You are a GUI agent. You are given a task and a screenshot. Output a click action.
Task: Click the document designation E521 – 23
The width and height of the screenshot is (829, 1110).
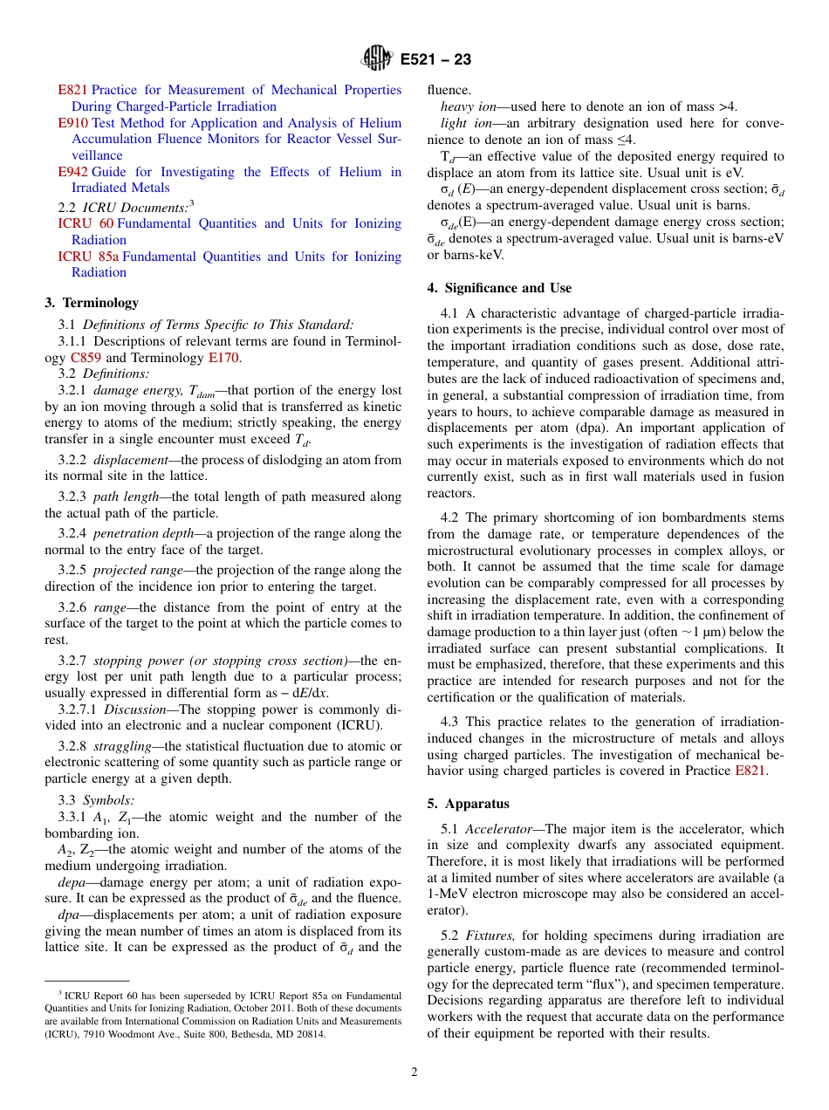(x=435, y=60)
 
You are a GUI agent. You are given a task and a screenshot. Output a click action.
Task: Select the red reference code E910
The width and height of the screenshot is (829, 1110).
(x=72, y=123)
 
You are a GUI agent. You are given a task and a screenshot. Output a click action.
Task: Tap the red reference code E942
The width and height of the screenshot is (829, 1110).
(x=72, y=172)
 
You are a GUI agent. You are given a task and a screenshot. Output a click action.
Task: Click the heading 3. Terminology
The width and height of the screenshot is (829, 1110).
(x=92, y=303)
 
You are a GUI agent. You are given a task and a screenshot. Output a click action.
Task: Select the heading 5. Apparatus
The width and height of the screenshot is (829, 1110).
(x=468, y=804)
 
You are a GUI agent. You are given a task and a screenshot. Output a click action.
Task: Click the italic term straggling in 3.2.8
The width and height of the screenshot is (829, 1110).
(x=127, y=746)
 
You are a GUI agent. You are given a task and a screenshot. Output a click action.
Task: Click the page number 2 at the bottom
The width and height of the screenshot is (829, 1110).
(x=414, y=1072)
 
